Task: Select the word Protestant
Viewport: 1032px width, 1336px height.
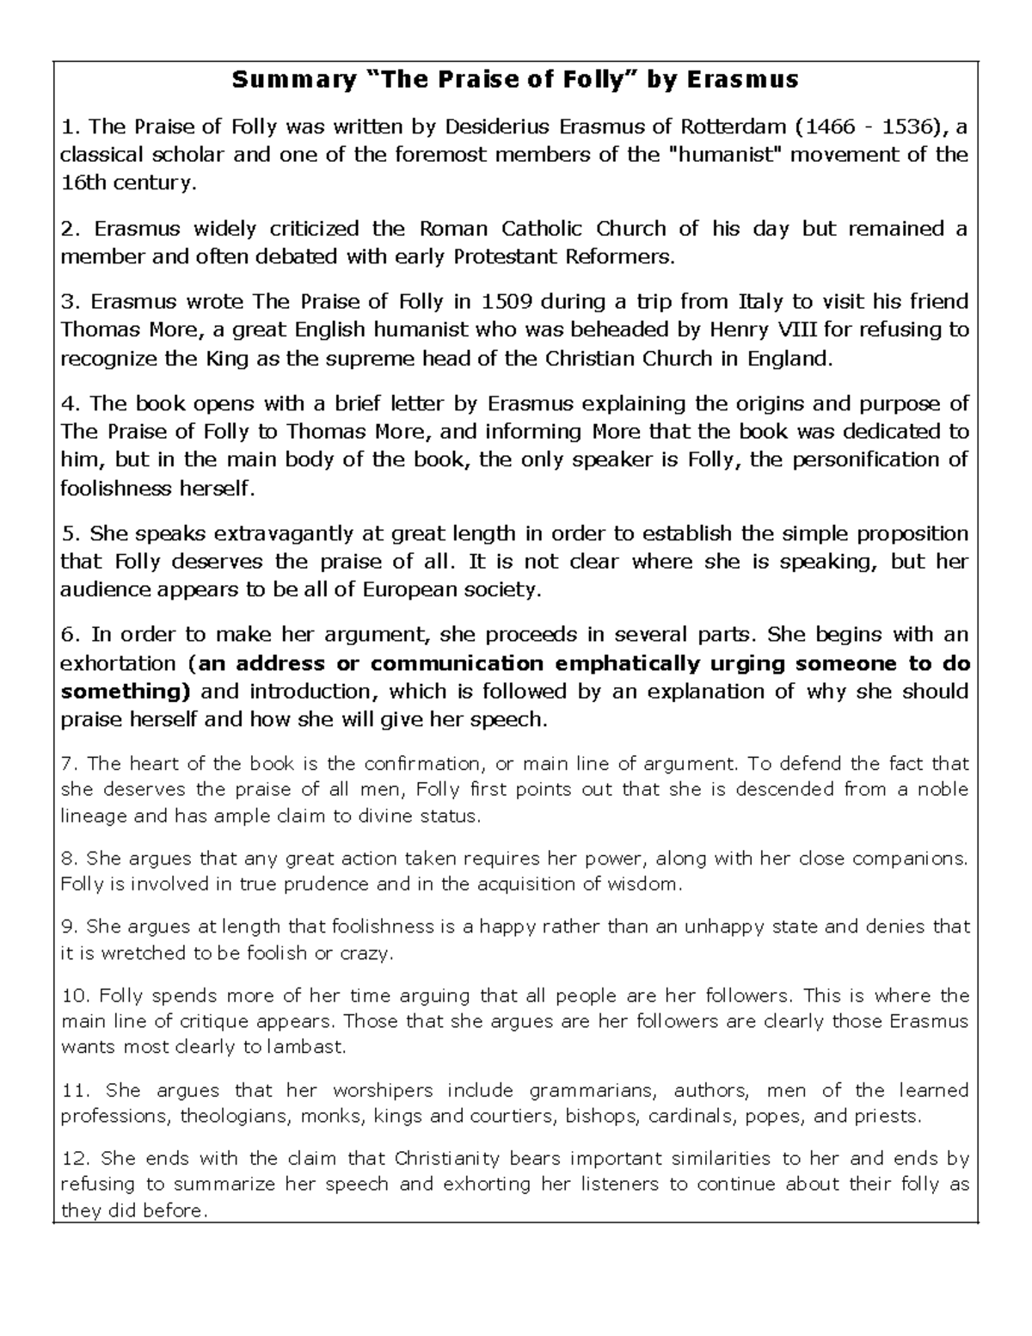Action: (x=506, y=256)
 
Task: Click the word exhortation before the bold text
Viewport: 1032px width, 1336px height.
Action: (x=118, y=663)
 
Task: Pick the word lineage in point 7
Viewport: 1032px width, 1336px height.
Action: (x=92, y=816)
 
